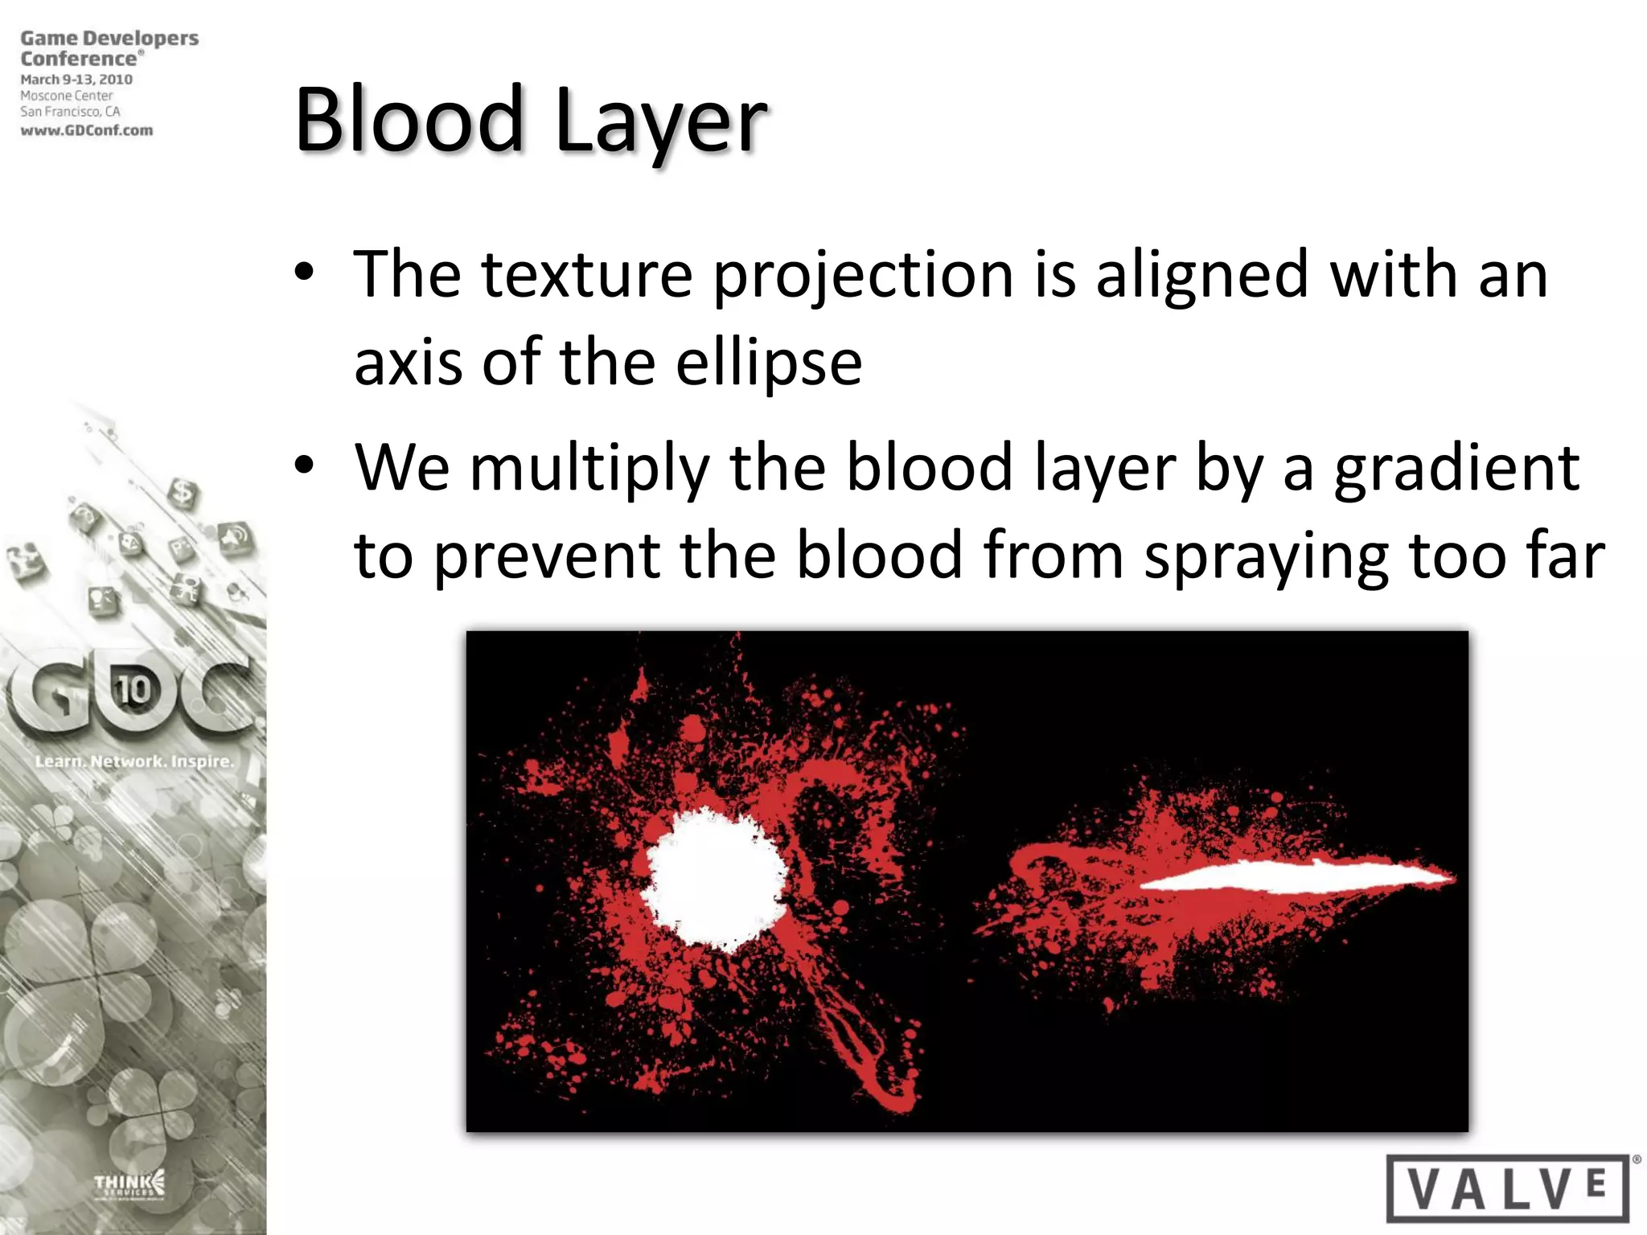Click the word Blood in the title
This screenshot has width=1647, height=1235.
(410, 121)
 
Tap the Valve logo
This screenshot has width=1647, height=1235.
(1509, 1188)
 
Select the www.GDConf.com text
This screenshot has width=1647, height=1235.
(87, 130)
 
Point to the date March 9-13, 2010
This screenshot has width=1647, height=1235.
(76, 80)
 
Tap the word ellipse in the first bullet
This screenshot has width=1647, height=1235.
(768, 363)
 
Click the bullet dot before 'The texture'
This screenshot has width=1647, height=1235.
(304, 273)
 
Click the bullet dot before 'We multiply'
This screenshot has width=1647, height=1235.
(304, 466)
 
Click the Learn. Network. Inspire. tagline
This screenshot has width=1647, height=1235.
(133, 761)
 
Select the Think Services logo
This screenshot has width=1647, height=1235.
(129, 1184)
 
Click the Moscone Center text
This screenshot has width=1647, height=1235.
(67, 96)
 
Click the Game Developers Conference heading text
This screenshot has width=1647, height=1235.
(109, 48)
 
